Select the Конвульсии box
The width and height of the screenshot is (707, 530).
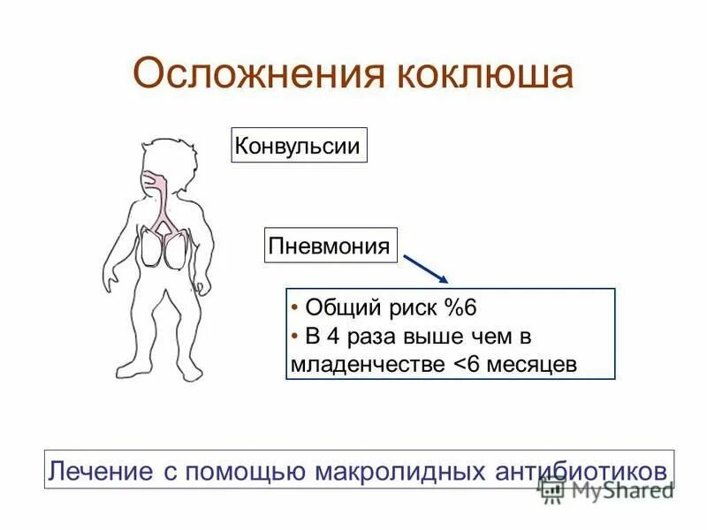tap(299, 146)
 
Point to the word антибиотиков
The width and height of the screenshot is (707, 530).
tap(584, 469)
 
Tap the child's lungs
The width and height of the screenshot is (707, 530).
tap(163, 246)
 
